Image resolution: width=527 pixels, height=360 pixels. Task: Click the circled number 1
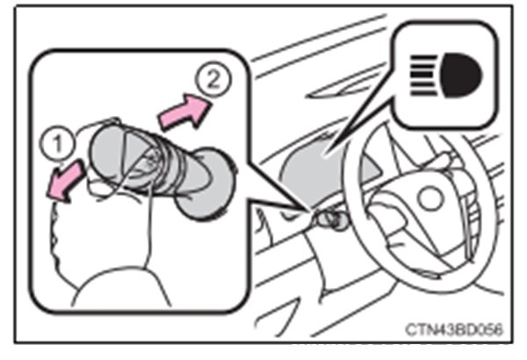point(57,144)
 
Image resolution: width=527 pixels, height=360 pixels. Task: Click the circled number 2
point(213,79)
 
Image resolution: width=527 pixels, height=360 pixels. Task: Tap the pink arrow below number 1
point(65,182)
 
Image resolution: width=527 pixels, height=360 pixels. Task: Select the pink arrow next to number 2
point(184,112)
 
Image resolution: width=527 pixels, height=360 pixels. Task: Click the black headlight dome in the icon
point(461,76)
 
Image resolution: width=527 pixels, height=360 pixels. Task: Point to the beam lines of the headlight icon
point(423,76)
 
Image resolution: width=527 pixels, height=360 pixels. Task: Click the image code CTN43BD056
point(454,329)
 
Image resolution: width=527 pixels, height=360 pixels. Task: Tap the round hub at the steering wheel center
point(430,198)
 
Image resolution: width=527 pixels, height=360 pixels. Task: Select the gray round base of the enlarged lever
point(205,184)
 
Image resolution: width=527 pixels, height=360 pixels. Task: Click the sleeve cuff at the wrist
point(121,286)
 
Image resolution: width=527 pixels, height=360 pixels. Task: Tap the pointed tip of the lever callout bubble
point(308,211)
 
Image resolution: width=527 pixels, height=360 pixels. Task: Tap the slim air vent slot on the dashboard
point(339,89)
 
